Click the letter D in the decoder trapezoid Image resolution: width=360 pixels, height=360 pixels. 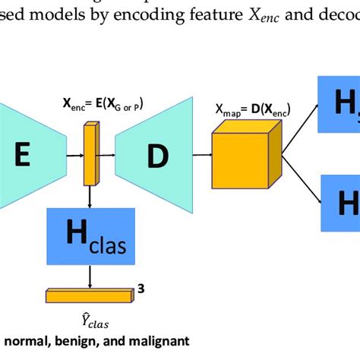coord(157,156)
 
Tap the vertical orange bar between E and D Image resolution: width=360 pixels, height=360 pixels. coord(92,155)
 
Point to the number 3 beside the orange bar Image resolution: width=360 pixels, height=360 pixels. coord(141,288)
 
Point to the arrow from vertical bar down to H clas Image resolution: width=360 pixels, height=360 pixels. coord(92,196)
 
